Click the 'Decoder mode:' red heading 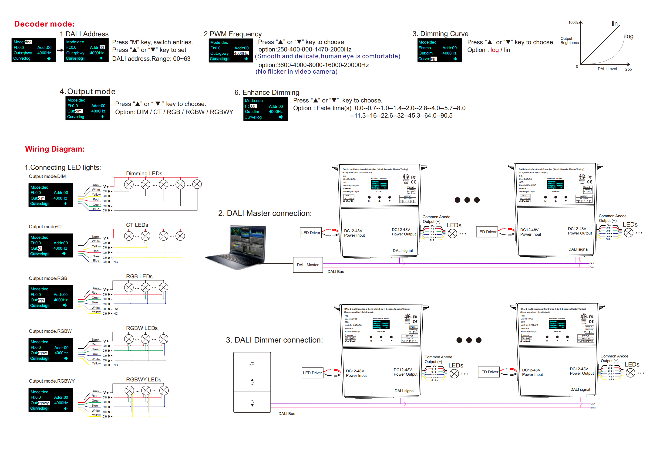point(44,24)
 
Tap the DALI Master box point(308,265)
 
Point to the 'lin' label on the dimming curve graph point(615,24)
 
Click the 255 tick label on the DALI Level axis point(628,69)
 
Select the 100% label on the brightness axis point(573,23)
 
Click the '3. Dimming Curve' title point(440,34)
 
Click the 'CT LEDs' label point(137,225)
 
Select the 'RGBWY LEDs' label point(144,379)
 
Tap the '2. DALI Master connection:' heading point(265,213)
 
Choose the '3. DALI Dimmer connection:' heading point(274,340)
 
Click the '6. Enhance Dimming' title point(267,92)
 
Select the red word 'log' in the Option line point(494,50)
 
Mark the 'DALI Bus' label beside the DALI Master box point(336,272)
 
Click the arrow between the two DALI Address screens point(60,50)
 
